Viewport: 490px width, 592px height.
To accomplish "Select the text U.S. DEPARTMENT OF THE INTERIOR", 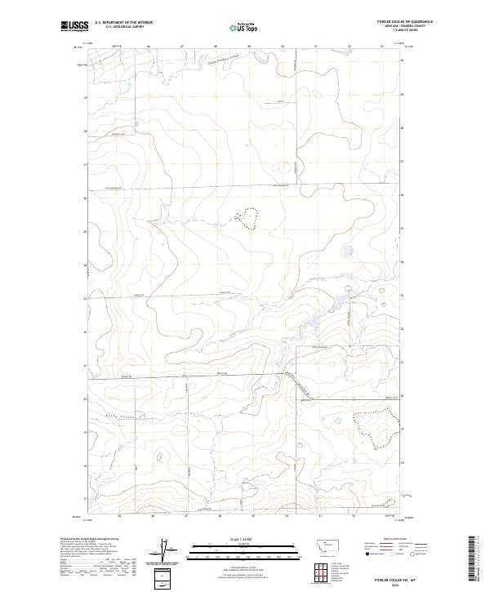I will [123, 22].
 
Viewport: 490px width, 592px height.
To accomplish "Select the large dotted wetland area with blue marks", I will [377, 428].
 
